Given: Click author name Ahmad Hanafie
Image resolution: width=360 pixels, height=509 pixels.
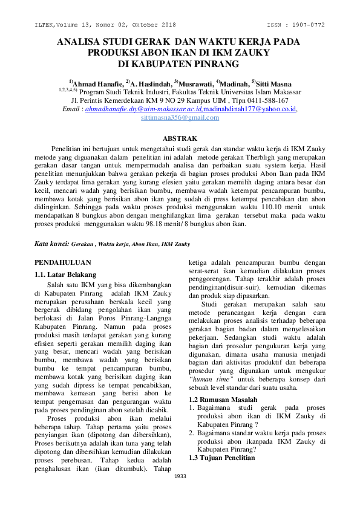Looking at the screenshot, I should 96,83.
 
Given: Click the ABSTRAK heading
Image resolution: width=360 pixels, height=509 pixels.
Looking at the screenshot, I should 180,139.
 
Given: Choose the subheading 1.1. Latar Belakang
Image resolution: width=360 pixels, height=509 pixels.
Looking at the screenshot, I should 62,274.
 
